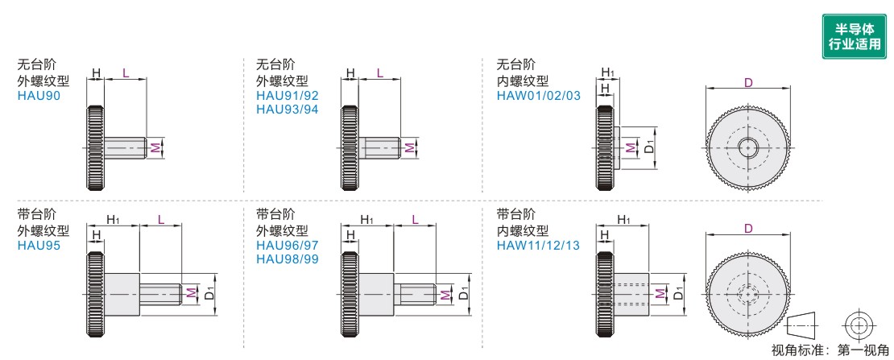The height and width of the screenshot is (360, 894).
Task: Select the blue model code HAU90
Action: [x=37, y=95]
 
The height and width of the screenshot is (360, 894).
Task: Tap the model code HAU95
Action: [x=37, y=245]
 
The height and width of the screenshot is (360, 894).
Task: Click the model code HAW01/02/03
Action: [x=539, y=95]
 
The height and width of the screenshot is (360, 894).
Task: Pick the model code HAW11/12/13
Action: [x=539, y=245]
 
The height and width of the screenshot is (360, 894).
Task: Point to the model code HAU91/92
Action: [x=287, y=95]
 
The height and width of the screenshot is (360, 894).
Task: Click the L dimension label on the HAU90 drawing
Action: [x=125, y=72]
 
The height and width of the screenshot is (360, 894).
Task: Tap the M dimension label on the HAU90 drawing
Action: [x=156, y=147]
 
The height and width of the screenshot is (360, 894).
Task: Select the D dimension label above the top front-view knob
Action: [x=748, y=82]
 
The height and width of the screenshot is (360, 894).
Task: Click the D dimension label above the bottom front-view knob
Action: [x=748, y=229]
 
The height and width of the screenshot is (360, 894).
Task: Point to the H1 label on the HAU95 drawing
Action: [x=113, y=220]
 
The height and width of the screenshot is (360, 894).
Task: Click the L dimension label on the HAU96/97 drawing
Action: [x=414, y=220]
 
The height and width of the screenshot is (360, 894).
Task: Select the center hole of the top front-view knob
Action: [x=748, y=147]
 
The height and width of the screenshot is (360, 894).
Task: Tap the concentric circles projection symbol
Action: [x=859, y=326]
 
